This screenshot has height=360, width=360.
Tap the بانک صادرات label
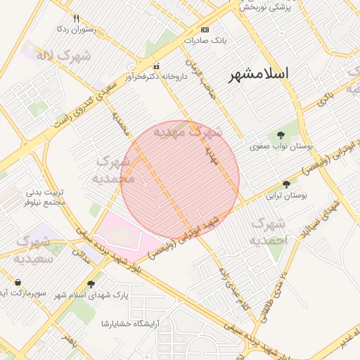click(206, 41)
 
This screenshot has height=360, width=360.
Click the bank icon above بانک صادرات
click(205, 30)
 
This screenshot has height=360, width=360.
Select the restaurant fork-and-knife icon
click(77, 19)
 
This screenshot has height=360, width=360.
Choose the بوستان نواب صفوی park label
click(281, 147)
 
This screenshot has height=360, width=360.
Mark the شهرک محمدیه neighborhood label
click(113, 170)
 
